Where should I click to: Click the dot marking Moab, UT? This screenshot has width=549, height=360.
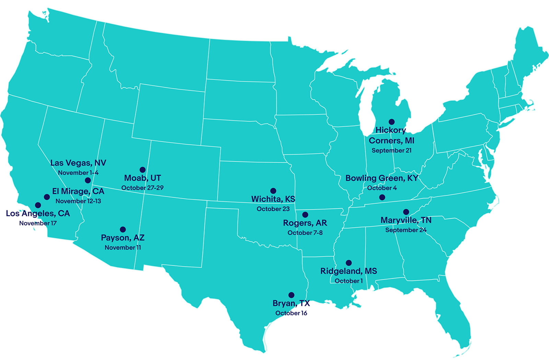click(142, 170)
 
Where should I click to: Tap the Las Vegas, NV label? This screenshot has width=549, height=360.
click(78, 163)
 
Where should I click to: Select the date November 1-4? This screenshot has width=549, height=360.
click(78, 173)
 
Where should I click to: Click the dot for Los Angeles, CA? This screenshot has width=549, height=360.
click(38, 205)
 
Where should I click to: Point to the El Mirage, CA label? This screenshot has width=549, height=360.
click(78, 191)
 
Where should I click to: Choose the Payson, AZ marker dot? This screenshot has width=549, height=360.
click(123, 229)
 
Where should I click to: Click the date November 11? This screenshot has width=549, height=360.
click(123, 247)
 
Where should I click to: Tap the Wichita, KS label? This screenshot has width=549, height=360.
click(273, 199)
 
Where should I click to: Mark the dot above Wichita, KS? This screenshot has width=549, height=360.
click(273, 191)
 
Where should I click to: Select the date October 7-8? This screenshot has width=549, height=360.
click(305, 233)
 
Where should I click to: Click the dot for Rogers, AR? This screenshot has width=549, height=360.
click(305, 215)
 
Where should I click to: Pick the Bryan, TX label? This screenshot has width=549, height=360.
click(291, 303)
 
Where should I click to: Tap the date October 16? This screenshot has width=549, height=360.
click(291, 313)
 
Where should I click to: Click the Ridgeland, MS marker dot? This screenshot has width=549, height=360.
click(349, 263)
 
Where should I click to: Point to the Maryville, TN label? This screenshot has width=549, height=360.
click(406, 220)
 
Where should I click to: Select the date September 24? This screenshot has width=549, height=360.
click(406, 230)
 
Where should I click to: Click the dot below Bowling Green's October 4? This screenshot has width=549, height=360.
click(382, 197)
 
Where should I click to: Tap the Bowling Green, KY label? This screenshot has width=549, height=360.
click(382, 178)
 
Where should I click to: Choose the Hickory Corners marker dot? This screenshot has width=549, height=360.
click(392, 122)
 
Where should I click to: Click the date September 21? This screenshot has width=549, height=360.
click(392, 150)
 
